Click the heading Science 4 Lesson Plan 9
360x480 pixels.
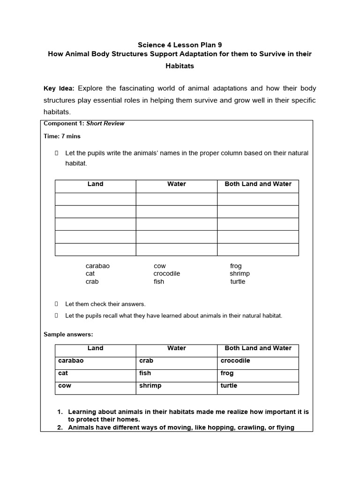[180, 45]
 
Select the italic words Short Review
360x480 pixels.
[105, 124]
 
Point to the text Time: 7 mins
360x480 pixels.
[62, 136]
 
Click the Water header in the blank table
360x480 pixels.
[176, 184]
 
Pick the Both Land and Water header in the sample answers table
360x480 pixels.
[258, 348]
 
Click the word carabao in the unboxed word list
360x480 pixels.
[97, 266]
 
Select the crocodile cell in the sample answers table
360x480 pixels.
[235, 361]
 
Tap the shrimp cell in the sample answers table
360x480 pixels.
[150, 386]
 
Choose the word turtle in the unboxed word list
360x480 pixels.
[238, 282]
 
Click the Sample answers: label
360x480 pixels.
[68, 334]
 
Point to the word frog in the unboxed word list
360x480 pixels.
[236, 266]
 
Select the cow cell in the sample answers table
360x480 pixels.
[65, 386]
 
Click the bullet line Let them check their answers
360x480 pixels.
[105, 304]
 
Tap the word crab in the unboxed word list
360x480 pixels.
[92, 282]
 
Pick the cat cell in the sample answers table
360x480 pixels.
[63, 374]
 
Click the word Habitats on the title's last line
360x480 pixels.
[180, 66]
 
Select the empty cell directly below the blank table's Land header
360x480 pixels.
[96, 199]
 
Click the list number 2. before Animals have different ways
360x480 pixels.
[60, 427]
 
